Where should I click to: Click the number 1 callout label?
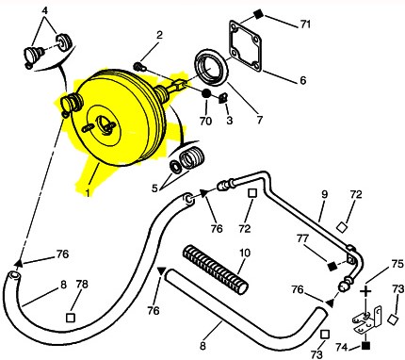(x=88, y=193)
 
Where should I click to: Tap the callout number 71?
(x=305, y=25)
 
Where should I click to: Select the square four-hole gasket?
(x=245, y=44)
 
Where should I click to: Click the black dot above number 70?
(x=206, y=93)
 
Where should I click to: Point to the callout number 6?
(x=302, y=80)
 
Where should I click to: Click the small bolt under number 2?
(x=138, y=67)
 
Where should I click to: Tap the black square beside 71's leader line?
(x=258, y=14)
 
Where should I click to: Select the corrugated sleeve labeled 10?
(x=216, y=270)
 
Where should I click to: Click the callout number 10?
(x=245, y=254)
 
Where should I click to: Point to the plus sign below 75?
(x=365, y=291)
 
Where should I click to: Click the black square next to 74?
(x=365, y=346)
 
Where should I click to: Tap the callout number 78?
(x=82, y=285)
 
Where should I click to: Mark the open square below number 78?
(x=71, y=318)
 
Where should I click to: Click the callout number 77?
(x=303, y=239)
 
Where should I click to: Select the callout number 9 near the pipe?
(x=324, y=194)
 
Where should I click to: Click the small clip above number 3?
(x=222, y=98)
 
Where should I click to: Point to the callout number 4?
(x=45, y=10)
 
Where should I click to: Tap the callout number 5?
(x=154, y=188)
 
